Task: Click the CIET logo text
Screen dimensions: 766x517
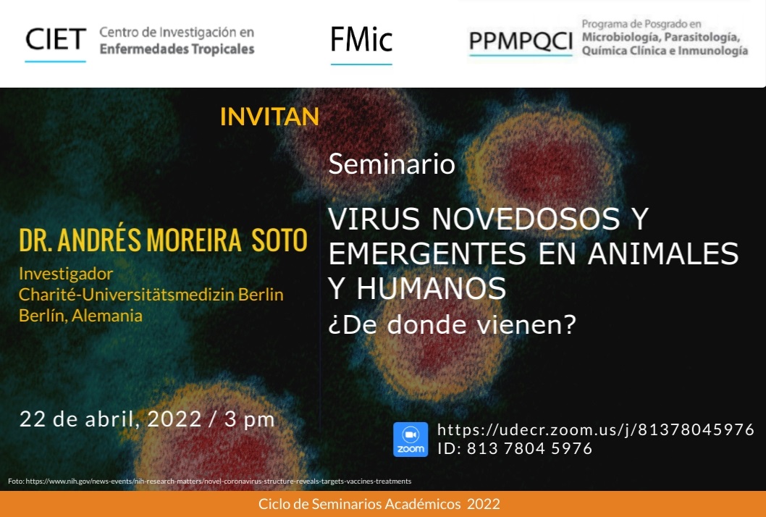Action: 56,40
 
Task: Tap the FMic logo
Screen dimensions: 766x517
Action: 361,40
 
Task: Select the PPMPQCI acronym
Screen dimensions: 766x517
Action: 521,41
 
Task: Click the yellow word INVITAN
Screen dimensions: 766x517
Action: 269,117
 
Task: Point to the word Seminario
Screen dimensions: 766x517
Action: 392,164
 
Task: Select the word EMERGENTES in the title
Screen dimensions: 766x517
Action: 427,253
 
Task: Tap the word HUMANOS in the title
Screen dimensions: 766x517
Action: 432,288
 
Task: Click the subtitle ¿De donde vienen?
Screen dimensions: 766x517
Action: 453,324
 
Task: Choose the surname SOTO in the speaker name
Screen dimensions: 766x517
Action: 279,240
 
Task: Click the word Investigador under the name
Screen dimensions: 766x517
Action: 66,274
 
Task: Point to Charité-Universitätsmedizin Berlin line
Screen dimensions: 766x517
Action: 151,295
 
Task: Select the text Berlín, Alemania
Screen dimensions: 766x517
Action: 80,316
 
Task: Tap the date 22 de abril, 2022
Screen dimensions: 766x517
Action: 110,419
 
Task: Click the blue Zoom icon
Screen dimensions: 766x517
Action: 411,440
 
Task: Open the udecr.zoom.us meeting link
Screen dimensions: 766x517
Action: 596,429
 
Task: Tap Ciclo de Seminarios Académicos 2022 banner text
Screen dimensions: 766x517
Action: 379,504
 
